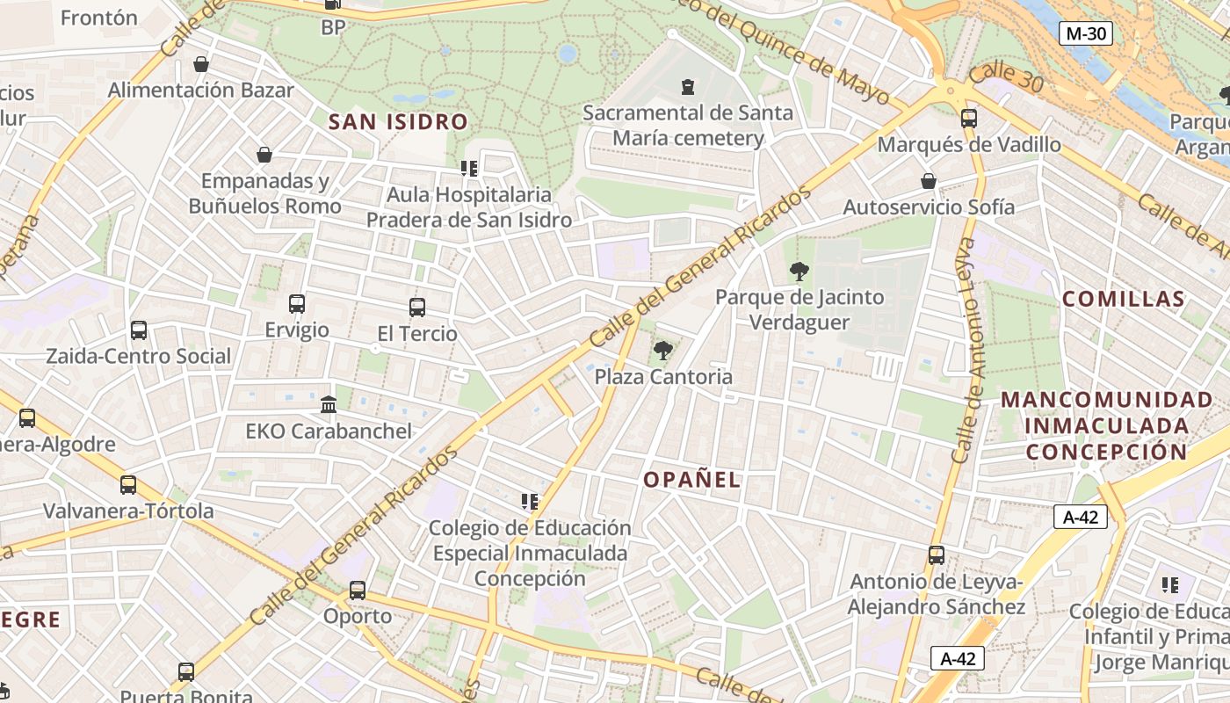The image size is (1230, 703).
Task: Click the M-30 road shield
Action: coord(1086,34)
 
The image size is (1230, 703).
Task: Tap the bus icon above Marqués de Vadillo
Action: coord(969,118)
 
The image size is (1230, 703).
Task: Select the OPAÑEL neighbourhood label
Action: coord(692,480)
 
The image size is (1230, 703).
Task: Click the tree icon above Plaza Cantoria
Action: coord(663,351)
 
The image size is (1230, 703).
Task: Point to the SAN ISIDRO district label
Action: coord(398,122)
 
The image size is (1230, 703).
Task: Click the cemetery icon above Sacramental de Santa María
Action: coord(688,86)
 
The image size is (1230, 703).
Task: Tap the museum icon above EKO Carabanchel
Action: coord(329,404)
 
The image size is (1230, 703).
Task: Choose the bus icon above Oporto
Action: coord(358,590)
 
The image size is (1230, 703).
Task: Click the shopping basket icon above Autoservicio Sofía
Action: coord(929,181)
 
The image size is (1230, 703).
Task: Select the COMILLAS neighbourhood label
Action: coord(1124,299)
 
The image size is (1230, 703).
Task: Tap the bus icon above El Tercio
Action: coord(417,308)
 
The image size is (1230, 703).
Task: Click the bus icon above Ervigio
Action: coord(297,304)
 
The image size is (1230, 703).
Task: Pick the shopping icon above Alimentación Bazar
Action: coord(201,64)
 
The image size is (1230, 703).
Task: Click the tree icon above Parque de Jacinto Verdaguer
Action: coord(799,271)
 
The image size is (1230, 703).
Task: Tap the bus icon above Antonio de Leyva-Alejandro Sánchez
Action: coord(937,555)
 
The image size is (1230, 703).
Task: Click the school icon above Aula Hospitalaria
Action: coord(468,168)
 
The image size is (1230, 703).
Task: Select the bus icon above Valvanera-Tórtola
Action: coord(128,485)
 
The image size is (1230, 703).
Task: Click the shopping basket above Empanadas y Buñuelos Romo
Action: coord(264,155)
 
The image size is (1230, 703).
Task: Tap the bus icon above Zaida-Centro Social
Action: coord(139,330)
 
